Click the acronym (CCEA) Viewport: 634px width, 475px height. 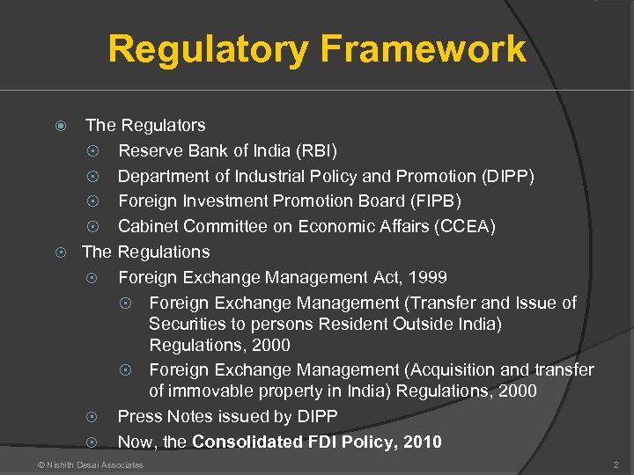(466, 227)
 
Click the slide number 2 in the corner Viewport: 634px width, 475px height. (616, 464)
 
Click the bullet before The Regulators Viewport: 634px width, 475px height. (61, 126)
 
